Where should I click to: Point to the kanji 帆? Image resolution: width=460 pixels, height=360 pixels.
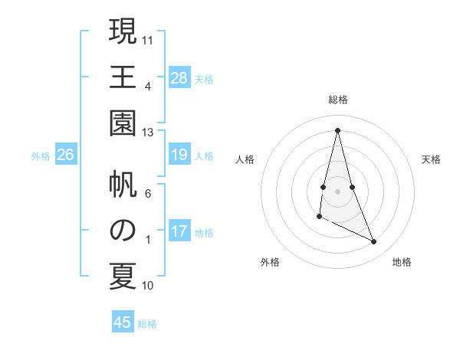122,184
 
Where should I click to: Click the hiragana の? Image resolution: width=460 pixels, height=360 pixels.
122,230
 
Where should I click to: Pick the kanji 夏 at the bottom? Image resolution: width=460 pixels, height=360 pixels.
122,276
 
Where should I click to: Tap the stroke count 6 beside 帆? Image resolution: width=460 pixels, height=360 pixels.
148,194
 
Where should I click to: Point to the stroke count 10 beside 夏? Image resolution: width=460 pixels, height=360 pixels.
148,286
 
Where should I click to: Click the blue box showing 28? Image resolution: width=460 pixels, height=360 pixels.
179,78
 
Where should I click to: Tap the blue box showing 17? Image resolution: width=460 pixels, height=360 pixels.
179,232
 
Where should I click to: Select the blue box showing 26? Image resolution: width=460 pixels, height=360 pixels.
66,155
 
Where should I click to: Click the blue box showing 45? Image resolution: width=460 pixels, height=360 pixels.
123,322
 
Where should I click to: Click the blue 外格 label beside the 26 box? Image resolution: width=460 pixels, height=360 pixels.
41,156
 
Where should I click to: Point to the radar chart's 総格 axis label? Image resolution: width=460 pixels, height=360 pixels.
338,100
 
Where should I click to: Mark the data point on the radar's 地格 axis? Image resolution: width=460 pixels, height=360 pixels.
374,242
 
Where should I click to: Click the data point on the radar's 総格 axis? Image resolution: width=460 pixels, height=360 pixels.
338,129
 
